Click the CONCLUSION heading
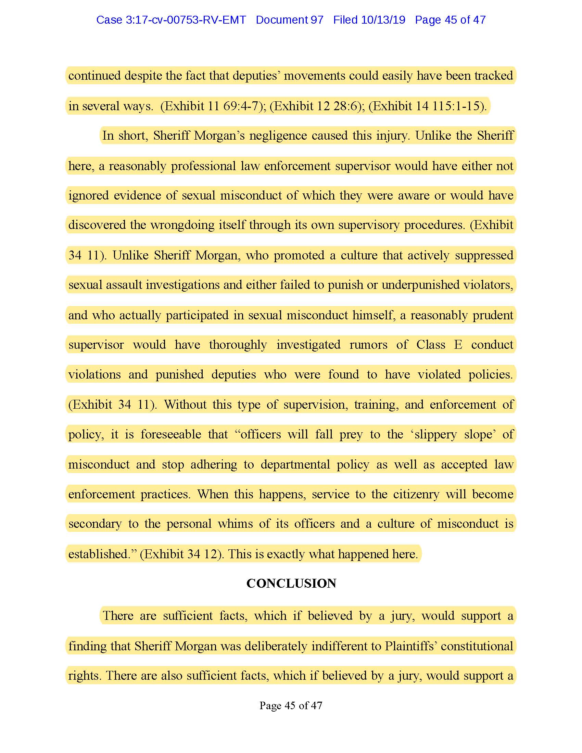[291, 583]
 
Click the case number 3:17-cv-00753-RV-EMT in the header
[171, 20]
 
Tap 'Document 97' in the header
[289, 20]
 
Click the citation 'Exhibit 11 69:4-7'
[211, 106]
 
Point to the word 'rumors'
[368, 345]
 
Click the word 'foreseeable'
[171, 434]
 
